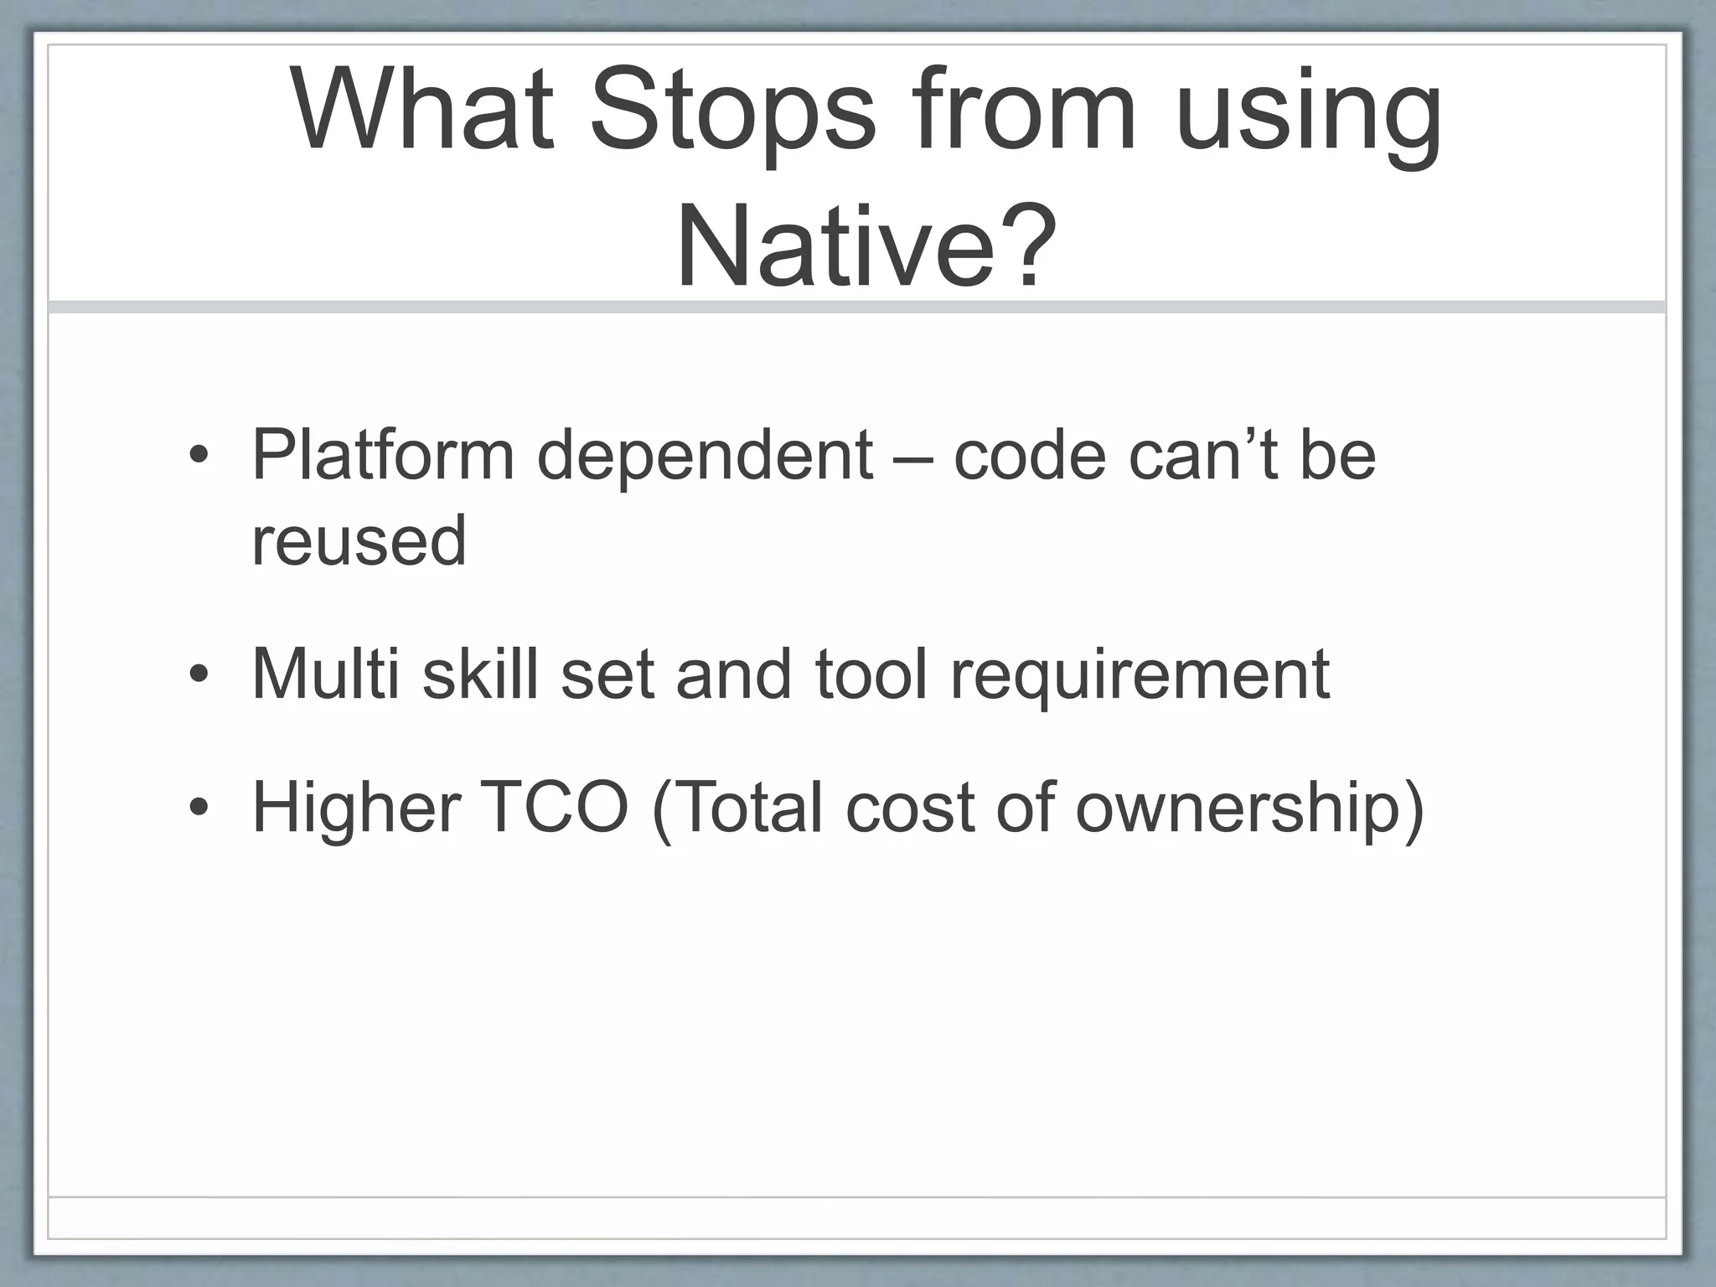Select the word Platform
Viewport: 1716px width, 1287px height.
(383, 456)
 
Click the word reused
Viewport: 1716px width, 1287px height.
(359, 542)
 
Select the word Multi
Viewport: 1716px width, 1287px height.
(325, 674)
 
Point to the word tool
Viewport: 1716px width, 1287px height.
(871, 674)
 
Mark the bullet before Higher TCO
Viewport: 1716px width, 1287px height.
(199, 808)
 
